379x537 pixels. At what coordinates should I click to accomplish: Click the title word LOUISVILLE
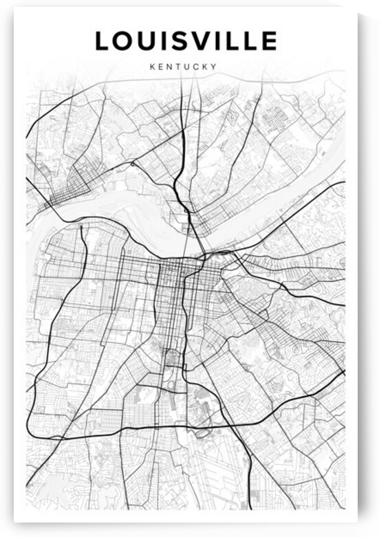[186, 41]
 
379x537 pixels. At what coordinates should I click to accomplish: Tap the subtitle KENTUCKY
[183, 67]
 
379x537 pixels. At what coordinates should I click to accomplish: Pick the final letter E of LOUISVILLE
[269, 41]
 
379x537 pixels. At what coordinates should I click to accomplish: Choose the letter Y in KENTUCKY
[214, 67]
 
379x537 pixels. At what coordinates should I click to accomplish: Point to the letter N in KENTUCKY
[169, 67]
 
